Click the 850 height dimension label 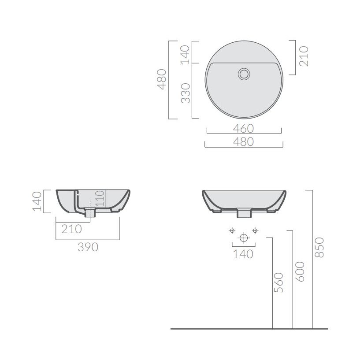(x=319, y=248)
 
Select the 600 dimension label (x=300, y=272)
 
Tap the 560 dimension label (x=279, y=283)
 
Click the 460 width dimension (x=244, y=129)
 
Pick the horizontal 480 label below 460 (x=244, y=142)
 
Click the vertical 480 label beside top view (x=162, y=79)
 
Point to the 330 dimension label (x=186, y=93)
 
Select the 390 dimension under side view (x=88, y=247)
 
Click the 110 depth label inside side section (x=100, y=198)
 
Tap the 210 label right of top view (x=304, y=56)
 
